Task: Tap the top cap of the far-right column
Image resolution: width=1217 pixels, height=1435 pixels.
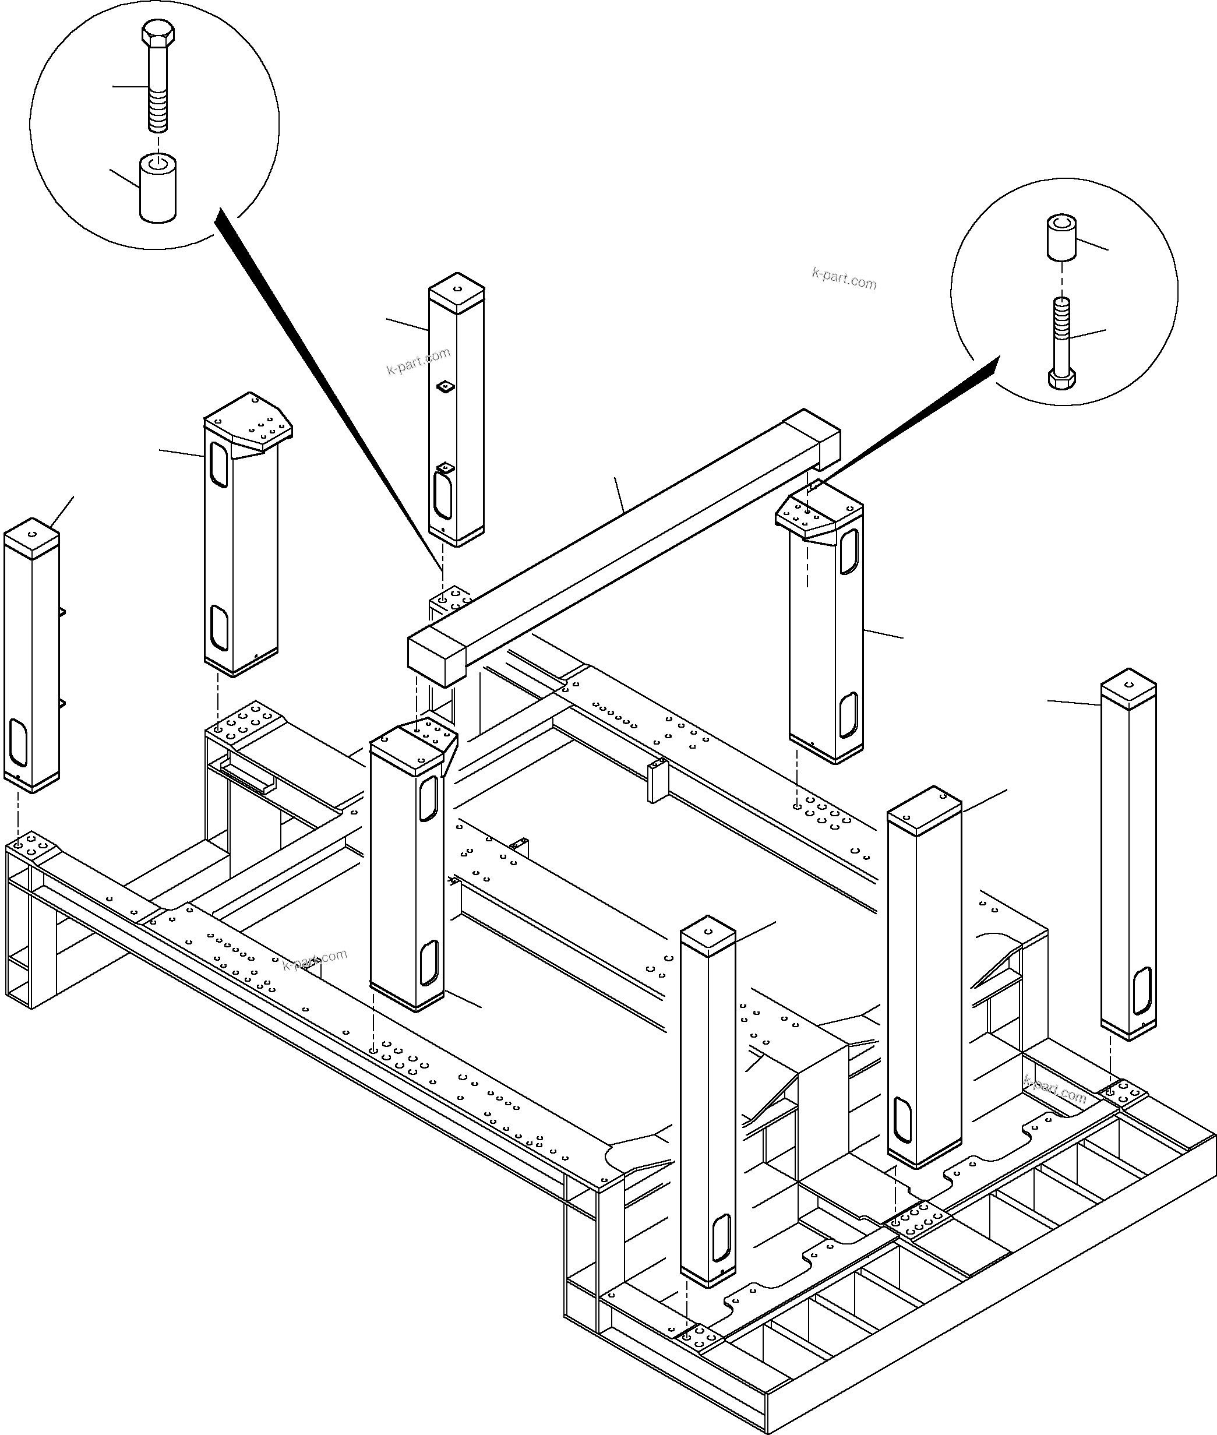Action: (x=1128, y=686)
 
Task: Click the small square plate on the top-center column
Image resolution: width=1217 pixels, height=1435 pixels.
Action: (x=446, y=387)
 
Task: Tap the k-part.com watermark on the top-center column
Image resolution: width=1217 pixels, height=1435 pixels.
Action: (x=418, y=361)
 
